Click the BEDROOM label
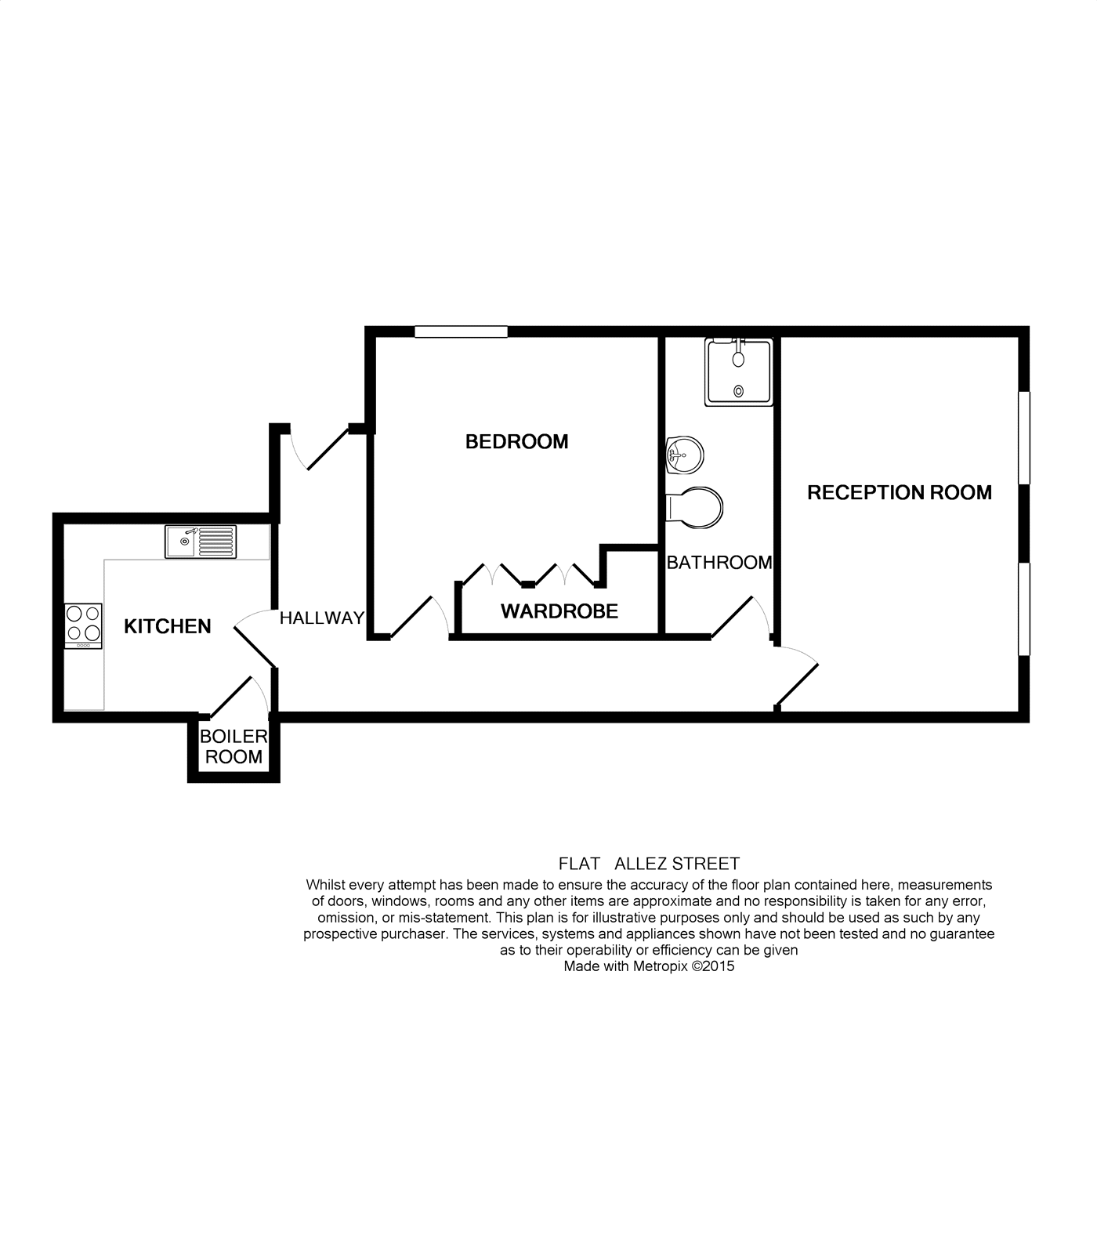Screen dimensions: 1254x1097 (516, 442)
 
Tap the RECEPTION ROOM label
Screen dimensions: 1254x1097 (899, 493)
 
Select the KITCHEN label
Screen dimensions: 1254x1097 (168, 626)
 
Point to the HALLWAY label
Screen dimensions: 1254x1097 (322, 618)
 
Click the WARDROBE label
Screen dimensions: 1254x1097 (559, 611)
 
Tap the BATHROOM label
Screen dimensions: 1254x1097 (719, 563)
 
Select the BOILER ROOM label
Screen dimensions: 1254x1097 (234, 747)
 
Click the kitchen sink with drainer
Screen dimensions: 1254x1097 (201, 542)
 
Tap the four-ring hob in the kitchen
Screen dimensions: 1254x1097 (83, 625)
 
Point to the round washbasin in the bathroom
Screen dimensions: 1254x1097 (684, 455)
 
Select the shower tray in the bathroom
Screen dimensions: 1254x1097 (738, 372)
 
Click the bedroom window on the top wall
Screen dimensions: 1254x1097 (461, 332)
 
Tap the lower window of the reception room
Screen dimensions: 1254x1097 (1023, 608)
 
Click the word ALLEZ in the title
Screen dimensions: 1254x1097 (643, 864)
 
